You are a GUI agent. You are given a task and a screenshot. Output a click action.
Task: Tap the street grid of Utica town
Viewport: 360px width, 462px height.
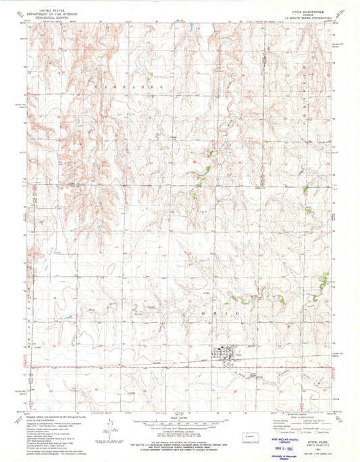(224, 352)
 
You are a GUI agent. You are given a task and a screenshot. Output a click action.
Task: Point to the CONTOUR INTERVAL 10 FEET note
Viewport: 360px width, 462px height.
(179, 429)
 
